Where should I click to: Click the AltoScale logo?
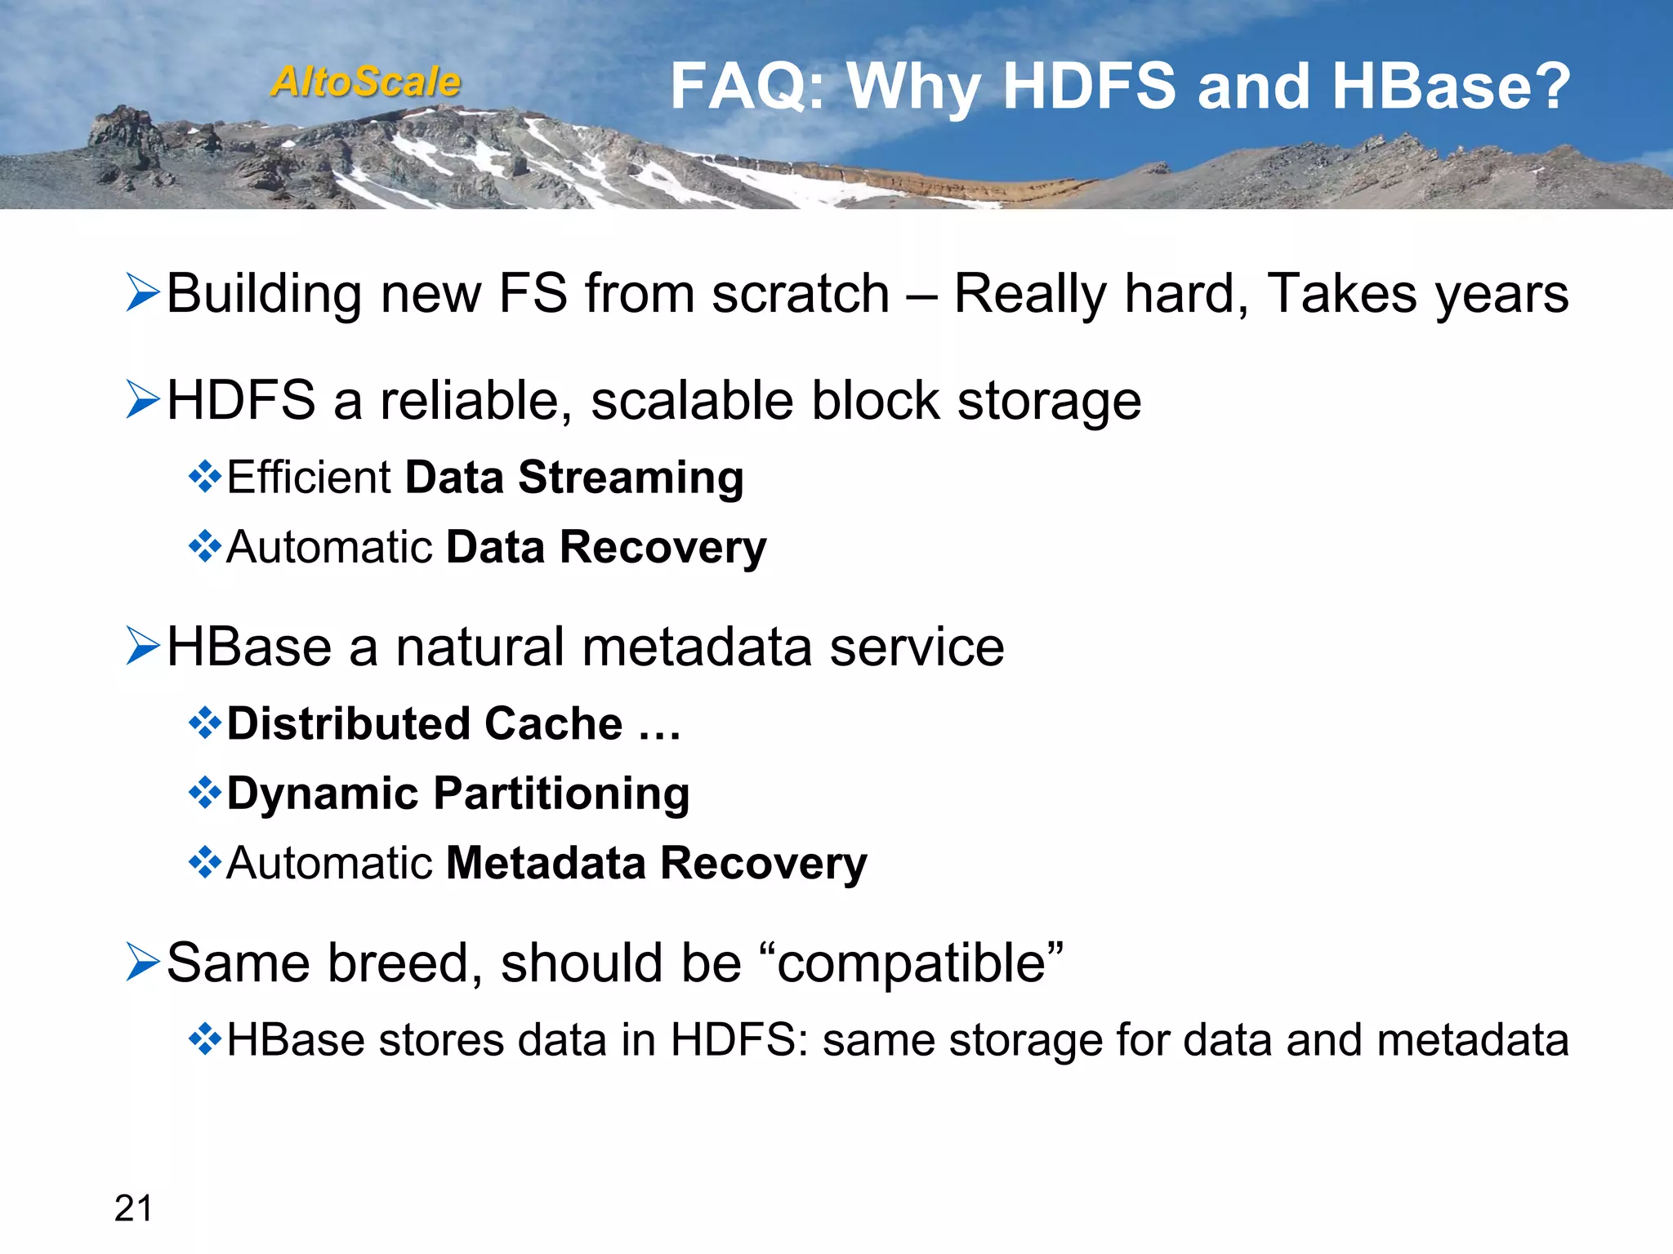[x=366, y=82]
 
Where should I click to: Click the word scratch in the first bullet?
[x=801, y=294]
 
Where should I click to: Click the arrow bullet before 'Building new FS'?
[x=143, y=293]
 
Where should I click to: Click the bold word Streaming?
[x=631, y=477]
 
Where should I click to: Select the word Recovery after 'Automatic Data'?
[x=663, y=547]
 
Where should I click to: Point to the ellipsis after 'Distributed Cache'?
[x=658, y=725]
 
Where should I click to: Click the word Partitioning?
[x=561, y=794]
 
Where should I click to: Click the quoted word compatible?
[x=911, y=963]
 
